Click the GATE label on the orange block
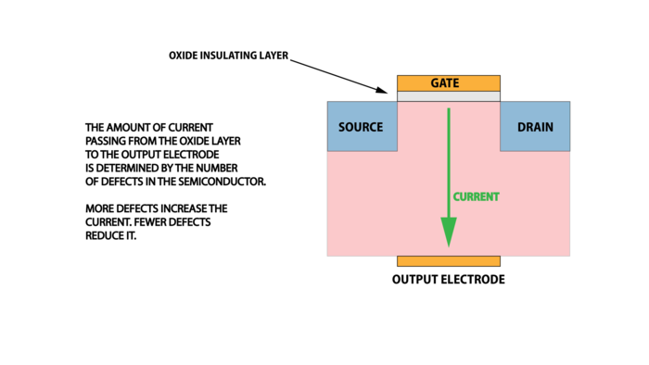[x=449, y=83]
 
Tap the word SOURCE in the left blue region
[x=361, y=127]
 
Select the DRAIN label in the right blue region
[x=536, y=127]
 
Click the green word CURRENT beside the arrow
[x=476, y=196]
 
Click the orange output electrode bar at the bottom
[x=449, y=261]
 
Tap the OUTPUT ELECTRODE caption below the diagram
[x=449, y=280]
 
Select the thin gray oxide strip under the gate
[x=449, y=95]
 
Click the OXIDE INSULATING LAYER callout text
[x=229, y=56]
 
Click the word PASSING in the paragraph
[x=108, y=141]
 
